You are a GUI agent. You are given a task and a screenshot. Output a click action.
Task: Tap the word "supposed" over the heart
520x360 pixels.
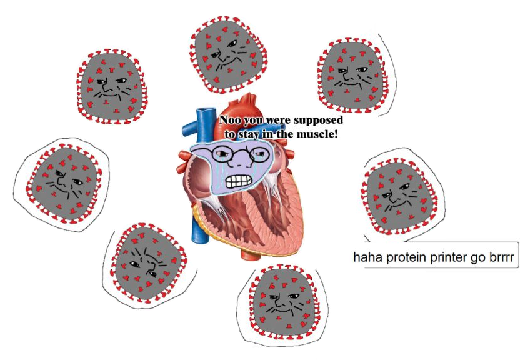point(320,120)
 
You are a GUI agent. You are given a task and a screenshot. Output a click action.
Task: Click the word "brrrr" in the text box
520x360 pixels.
point(507,257)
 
